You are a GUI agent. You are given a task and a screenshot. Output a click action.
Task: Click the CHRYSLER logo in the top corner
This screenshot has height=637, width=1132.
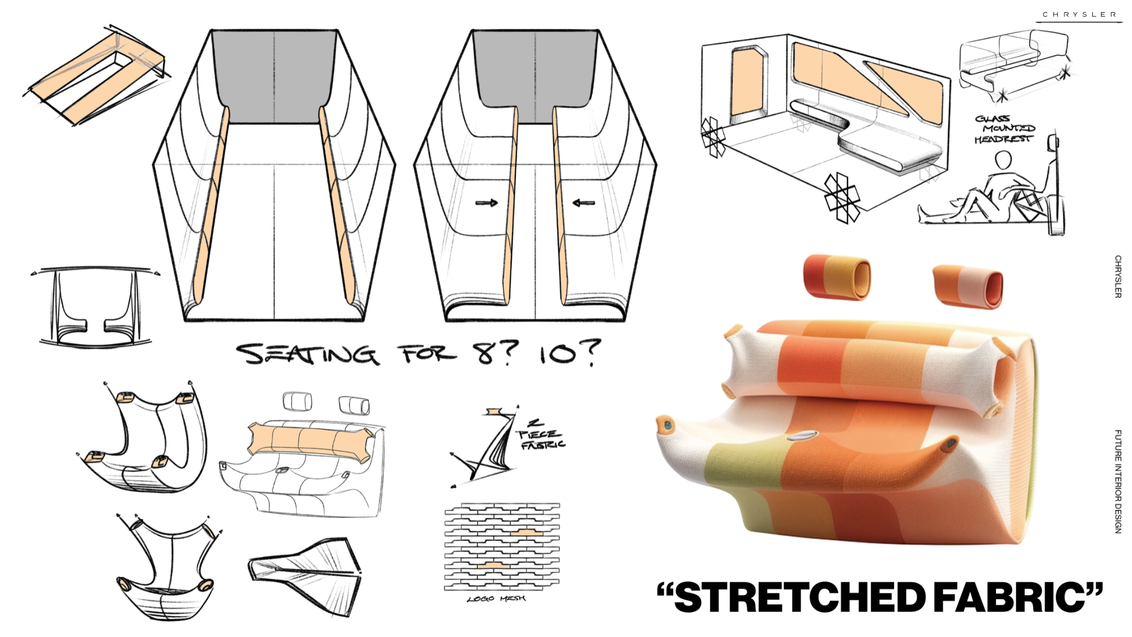click(1079, 14)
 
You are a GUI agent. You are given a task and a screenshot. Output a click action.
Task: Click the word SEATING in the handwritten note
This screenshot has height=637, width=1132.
click(307, 354)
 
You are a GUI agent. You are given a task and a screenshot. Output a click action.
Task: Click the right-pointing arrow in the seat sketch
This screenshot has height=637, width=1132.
click(486, 203)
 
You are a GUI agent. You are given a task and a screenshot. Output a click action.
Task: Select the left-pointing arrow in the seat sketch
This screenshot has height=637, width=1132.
click(584, 202)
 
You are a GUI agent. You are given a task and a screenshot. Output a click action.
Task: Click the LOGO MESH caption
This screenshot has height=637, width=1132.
click(496, 599)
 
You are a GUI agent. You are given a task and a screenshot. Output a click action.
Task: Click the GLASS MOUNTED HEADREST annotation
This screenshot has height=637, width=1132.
click(1005, 129)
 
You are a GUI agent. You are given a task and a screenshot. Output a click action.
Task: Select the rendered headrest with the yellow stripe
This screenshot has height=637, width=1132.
click(837, 277)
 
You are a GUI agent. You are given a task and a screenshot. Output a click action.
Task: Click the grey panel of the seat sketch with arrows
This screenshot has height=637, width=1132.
click(535, 74)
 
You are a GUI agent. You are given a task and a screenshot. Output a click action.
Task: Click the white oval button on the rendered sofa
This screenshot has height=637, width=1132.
click(802, 435)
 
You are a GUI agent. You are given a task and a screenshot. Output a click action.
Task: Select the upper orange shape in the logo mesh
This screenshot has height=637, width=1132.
click(529, 532)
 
